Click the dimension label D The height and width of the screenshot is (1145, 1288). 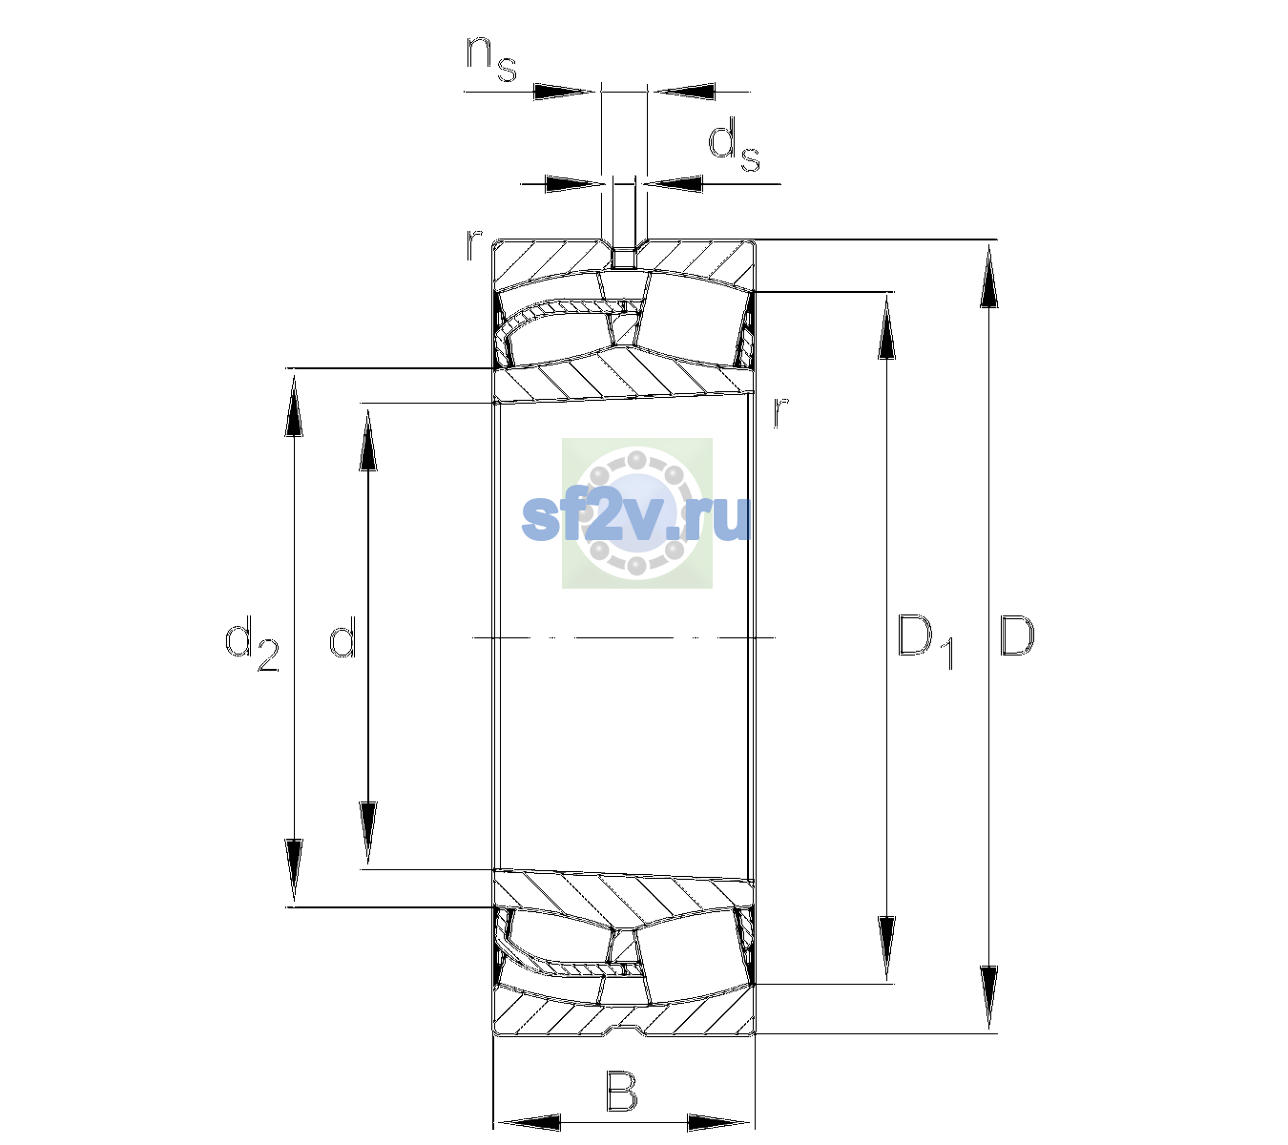[1016, 635]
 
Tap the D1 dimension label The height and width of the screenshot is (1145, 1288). [925, 641]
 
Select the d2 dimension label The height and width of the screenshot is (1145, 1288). [253, 643]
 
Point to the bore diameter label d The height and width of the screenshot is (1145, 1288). [343, 635]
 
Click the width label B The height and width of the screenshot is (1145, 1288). [621, 1091]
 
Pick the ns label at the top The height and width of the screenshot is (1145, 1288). [491, 58]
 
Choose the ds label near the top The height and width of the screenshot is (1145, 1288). [734, 145]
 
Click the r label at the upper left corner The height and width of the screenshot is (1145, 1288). [473, 245]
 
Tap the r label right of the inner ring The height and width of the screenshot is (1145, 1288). [780, 411]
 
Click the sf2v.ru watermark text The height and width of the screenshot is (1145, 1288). [636, 518]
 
